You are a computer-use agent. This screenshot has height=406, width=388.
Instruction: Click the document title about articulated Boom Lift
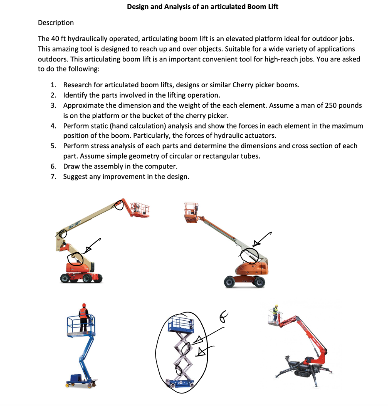point(203,7)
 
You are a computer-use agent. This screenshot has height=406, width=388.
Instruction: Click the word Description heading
point(56,23)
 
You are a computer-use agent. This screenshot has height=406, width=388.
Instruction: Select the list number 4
point(53,126)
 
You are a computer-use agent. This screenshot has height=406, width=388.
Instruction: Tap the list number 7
point(53,176)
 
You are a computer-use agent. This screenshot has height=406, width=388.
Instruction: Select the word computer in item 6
point(160,166)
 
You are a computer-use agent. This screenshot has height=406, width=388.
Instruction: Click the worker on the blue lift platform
point(83,317)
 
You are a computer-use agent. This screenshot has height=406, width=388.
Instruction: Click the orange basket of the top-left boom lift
point(141,210)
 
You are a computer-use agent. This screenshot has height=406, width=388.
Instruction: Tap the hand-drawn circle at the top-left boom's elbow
point(119,205)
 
